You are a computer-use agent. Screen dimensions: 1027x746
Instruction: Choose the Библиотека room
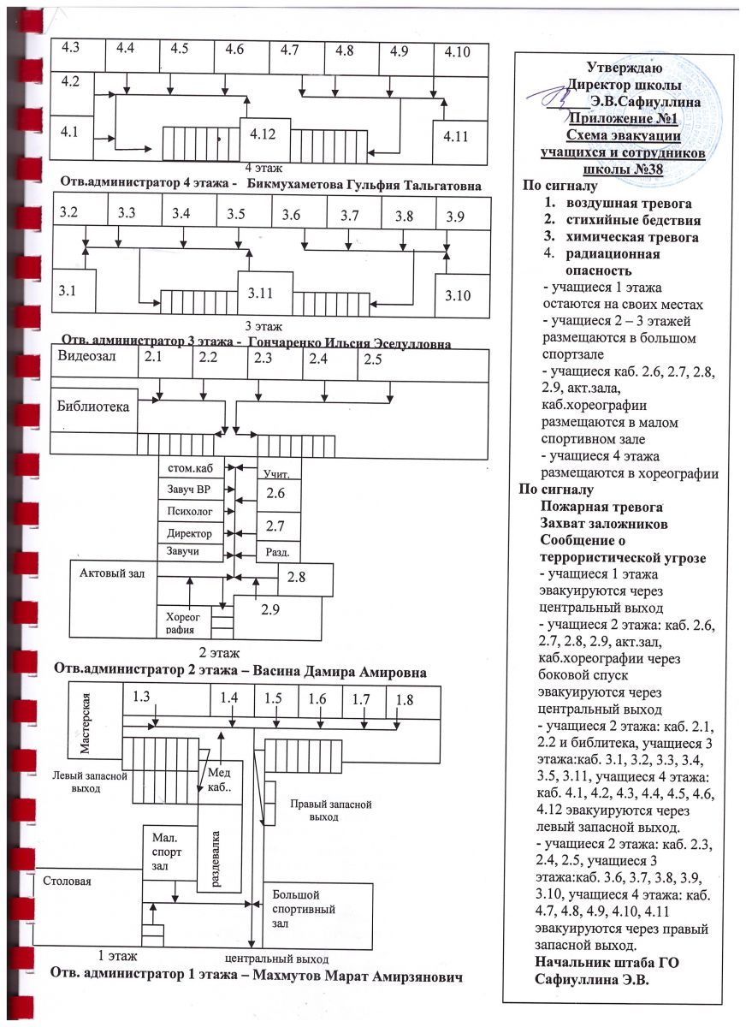pos(92,407)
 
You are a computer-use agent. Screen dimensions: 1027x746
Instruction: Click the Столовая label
pos(66,880)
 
